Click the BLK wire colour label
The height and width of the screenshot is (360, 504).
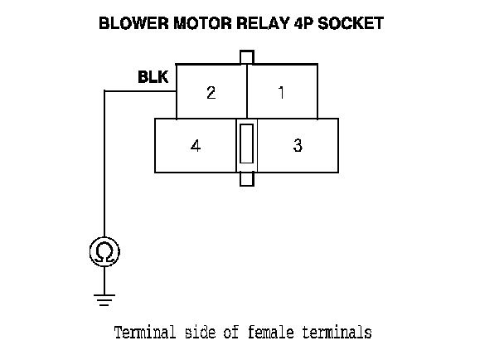[153, 78]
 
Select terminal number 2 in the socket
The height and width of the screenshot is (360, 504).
[211, 92]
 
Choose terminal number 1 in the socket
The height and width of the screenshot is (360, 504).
[282, 92]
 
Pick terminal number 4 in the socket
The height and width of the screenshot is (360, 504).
[196, 146]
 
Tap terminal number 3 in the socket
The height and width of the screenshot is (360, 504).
[298, 146]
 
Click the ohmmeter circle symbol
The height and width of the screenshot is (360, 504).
[104, 252]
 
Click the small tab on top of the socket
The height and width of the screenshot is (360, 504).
[246, 56]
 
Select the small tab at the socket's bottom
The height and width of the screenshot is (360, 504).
[246, 179]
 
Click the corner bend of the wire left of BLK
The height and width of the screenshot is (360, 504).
[104, 90]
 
